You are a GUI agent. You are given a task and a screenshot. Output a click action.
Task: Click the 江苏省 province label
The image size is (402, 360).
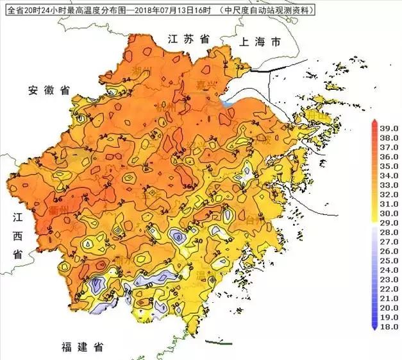pos(189,39)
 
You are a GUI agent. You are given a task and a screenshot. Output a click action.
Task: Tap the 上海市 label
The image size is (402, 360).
pos(260,42)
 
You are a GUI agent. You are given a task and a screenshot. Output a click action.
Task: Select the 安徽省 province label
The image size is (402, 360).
pos(49,90)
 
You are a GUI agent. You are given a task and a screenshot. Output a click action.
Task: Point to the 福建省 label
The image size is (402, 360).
pos(83,347)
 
